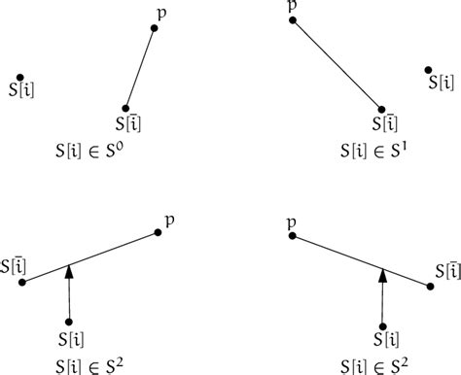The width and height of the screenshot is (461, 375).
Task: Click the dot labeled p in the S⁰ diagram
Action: point(154,28)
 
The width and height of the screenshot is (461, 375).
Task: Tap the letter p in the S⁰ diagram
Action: point(161,13)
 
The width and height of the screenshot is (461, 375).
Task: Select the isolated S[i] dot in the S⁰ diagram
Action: point(19,78)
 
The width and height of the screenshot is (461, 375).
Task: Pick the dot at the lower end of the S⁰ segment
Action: point(125,109)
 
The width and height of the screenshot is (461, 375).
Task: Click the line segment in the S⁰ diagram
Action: point(140,68)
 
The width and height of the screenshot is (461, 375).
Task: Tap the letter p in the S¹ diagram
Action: point(292,5)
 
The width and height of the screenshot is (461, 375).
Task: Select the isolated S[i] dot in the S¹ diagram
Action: point(429,69)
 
